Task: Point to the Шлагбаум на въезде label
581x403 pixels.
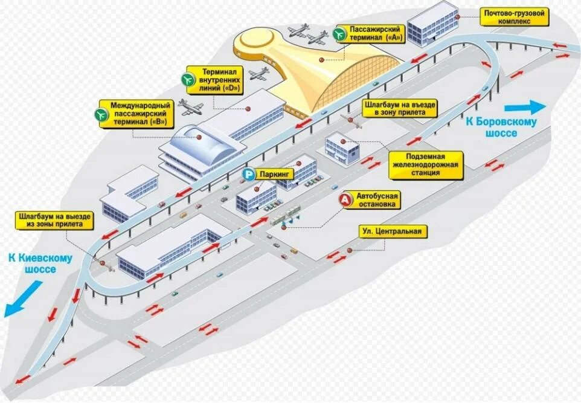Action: click(400, 108)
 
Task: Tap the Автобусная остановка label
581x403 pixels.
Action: click(378, 201)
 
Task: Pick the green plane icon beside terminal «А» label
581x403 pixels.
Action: click(339, 33)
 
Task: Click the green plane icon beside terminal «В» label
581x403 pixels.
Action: click(100, 113)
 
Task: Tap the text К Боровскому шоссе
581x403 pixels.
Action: click(501, 126)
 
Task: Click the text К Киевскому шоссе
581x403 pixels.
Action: click(40, 264)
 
